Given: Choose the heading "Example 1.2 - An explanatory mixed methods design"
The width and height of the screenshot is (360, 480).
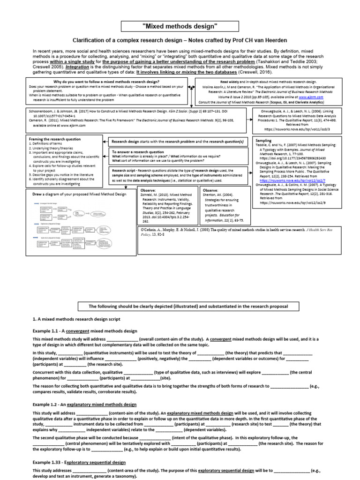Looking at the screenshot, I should (x=84, y=404).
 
